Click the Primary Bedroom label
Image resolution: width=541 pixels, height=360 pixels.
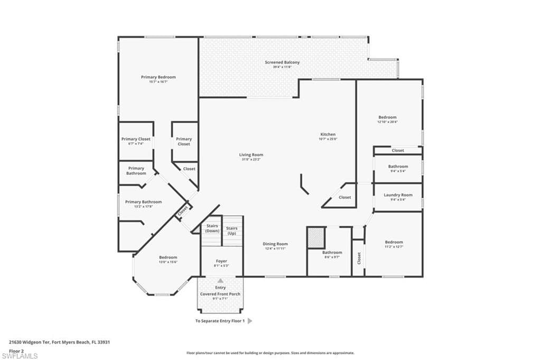tap(158, 77)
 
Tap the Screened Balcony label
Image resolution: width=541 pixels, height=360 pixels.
tap(282, 62)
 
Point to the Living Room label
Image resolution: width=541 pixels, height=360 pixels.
tap(251, 154)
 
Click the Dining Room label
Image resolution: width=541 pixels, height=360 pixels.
tap(275, 244)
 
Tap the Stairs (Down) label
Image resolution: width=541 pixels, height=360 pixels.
tap(212, 228)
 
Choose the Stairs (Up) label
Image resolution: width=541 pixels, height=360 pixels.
tap(231, 230)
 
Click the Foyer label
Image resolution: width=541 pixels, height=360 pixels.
tap(221, 262)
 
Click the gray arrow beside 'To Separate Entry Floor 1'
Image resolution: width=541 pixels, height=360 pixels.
tap(250, 321)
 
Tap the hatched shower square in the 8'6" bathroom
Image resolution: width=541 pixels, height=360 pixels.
tap(315, 237)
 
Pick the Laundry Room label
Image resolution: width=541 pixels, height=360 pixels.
tap(398, 195)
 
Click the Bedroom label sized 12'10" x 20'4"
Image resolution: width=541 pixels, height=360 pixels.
tap(387, 117)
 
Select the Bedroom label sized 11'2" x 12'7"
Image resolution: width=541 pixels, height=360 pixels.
tap(394, 242)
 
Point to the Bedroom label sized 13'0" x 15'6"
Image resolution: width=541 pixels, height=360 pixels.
tap(168, 257)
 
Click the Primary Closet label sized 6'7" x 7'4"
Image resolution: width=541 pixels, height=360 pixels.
tap(136, 139)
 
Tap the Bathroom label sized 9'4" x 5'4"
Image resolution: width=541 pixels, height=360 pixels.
tap(398, 167)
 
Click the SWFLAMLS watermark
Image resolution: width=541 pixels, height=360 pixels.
tap(20, 356)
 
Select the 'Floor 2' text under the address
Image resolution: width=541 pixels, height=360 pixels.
tap(16, 350)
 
